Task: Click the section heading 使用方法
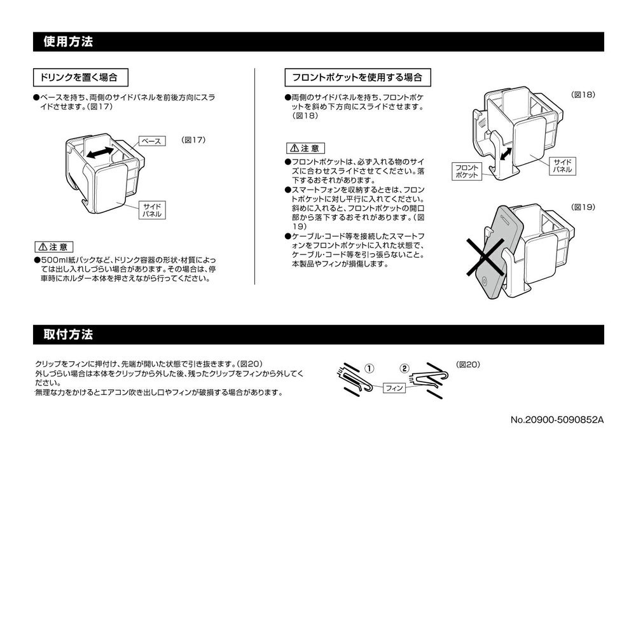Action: click(68, 42)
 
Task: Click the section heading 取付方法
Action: click(68, 335)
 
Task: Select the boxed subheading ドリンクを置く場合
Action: click(80, 77)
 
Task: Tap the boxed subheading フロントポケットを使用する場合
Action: click(357, 77)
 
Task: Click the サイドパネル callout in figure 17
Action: click(151, 211)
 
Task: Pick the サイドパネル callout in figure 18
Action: click(562, 166)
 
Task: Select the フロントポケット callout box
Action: click(467, 171)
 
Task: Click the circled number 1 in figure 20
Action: click(370, 368)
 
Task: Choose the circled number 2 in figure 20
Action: click(405, 368)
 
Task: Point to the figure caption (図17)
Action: click(193, 139)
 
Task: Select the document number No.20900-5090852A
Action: click(556, 420)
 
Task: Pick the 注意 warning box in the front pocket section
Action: click(305, 148)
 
